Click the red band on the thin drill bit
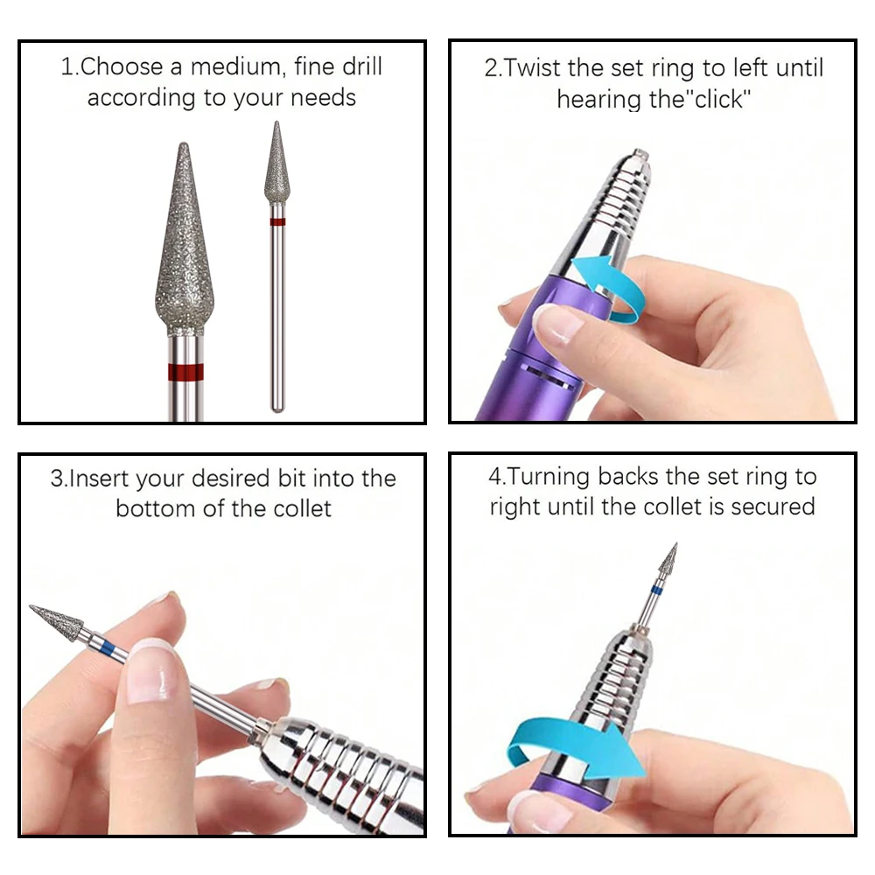277,222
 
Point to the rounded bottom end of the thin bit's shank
277,407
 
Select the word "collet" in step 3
294,508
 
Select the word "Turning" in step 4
549,477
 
